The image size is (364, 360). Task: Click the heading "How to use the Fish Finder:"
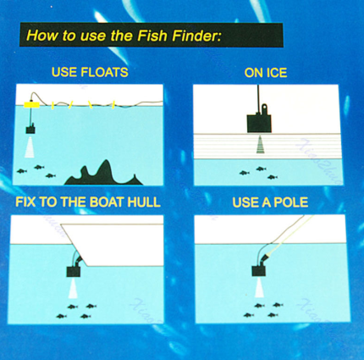click(124, 36)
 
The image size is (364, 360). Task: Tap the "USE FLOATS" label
click(90, 72)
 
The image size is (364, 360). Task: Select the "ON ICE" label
click(266, 73)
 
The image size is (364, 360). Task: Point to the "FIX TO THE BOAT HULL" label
click(88, 202)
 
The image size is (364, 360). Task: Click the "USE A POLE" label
click(270, 202)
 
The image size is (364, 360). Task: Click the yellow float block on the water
click(31, 105)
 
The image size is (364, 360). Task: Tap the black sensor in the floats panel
click(30, 130)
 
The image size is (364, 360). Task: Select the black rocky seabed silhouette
click(104, 174)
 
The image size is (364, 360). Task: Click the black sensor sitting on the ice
click(259, 122)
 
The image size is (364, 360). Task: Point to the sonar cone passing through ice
click(260, 145)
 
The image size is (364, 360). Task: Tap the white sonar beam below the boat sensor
click(73, 288)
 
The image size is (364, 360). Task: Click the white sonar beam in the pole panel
click(259, 287)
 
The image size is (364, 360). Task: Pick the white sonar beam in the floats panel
click(30, 147)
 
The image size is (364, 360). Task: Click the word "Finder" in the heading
click(196, 36)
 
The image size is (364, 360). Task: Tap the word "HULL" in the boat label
click(144, 202)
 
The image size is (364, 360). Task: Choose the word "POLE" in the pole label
click(291, 202)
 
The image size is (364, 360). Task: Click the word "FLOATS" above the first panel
click(104, 72)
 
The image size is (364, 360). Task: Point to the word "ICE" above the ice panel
click(276, 73)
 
